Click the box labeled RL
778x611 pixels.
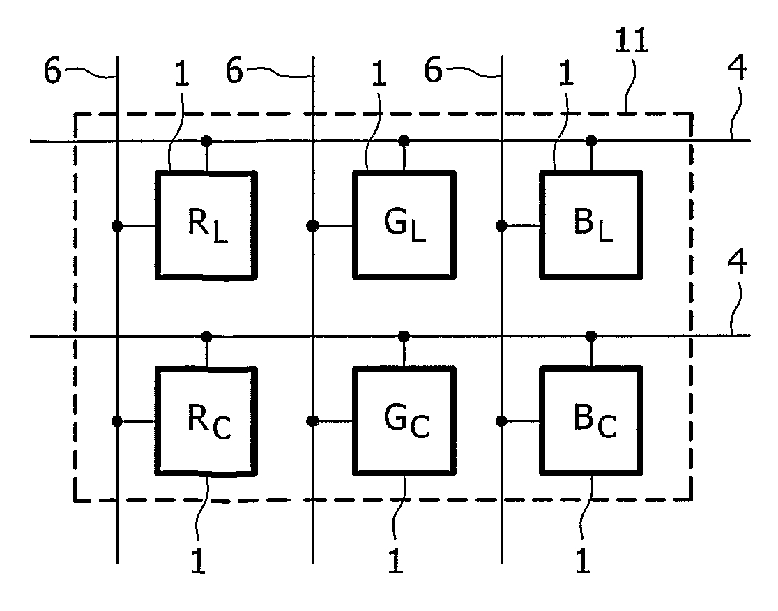206,225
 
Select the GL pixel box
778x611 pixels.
404,225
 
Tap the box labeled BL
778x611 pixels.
591,225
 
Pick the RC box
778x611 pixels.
206,421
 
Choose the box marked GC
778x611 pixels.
404,421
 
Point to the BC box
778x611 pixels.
591,421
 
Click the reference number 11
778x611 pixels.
632,40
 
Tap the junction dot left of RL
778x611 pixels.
116,226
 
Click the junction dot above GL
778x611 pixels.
404,141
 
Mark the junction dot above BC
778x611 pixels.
590,336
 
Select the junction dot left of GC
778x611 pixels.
312,421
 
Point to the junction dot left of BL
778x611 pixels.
501,226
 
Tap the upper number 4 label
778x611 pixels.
737,68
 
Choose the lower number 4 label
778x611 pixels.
737,262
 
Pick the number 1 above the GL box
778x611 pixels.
379,75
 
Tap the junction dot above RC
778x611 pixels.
206,337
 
